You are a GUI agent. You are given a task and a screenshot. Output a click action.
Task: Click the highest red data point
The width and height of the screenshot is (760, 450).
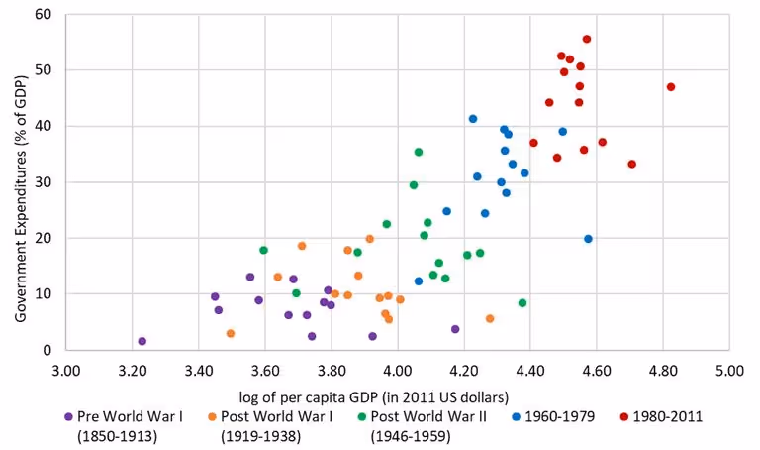[587, 39]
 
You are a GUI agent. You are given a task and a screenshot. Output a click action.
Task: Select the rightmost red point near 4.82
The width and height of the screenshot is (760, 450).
[671, 87]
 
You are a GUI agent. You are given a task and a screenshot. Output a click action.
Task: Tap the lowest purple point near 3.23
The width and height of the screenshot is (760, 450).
[142, 341]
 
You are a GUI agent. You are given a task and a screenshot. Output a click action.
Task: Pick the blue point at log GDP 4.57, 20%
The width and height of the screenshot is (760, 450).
[588, 239]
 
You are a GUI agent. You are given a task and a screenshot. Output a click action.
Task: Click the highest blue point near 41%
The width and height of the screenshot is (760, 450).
[473, 119]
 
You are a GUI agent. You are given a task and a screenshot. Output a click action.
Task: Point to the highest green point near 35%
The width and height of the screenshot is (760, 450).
[419, 152]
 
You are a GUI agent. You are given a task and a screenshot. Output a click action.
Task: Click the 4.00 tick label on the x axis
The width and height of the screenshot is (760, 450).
[398, 372]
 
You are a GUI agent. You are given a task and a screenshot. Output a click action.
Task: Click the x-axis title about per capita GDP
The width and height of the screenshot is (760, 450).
[397, 395]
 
